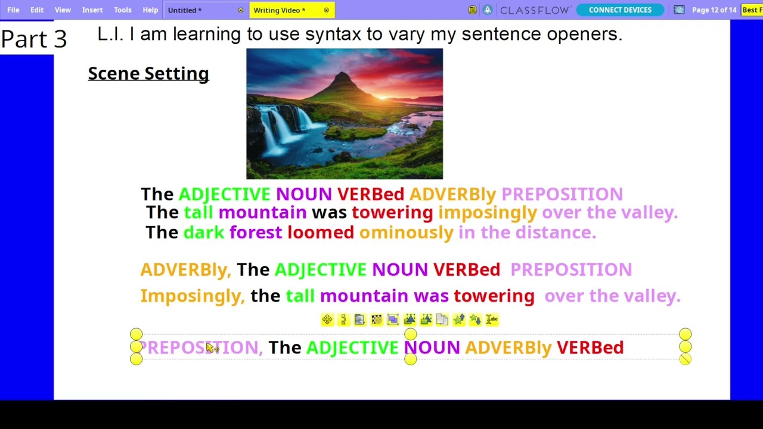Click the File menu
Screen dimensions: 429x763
[x=13, y=10]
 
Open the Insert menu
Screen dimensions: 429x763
[x=92, y=10]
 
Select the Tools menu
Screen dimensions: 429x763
[x=123, y=10]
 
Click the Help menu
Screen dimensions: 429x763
[x=150, y=10]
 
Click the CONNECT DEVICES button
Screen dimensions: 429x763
[x=620, y=10]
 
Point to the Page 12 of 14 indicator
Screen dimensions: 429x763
[x=714, y=10]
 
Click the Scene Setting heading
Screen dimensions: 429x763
[x=148, y=74]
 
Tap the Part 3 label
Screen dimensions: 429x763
[x=34, y=39]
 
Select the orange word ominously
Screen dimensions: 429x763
[x=406, y=232]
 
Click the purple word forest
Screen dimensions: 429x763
[x=256, y=232]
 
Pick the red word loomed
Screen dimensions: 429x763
[x=321, y=232]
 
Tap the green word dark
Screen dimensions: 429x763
[x=204, y=232]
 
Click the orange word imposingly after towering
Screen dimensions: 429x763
[x=488, y=213]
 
